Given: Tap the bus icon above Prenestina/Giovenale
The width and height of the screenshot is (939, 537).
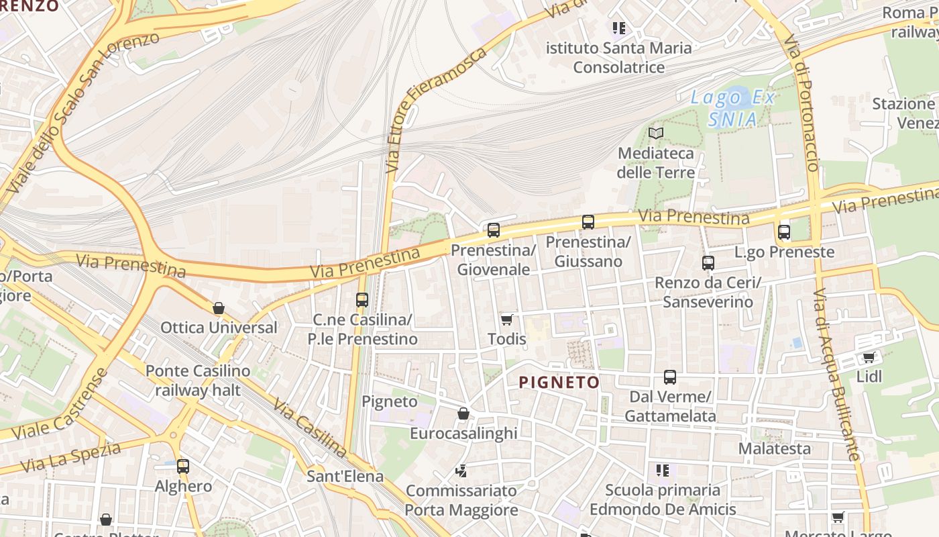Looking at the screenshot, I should [494, 230].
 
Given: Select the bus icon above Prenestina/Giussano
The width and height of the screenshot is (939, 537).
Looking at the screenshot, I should [588, 222].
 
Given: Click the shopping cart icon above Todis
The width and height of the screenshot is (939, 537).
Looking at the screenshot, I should [507, 320].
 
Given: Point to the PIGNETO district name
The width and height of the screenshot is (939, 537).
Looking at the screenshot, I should [559, 383].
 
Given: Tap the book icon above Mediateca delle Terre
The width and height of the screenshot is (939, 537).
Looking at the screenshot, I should [656, 134].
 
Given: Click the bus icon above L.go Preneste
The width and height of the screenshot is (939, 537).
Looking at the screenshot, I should [784, 233].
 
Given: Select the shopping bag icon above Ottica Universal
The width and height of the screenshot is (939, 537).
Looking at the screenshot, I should [218, 309].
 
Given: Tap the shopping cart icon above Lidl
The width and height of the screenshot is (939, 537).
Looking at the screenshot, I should [869, 358].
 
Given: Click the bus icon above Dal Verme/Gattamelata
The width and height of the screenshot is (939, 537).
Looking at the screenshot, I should [669, 377].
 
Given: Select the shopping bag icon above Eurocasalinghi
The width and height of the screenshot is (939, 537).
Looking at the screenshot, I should [463, 413].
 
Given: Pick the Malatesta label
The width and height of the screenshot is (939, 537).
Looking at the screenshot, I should [775, 448].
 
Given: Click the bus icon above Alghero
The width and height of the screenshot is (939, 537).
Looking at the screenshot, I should [183, 467].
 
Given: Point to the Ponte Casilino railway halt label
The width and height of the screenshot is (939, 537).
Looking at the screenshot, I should [198, 380].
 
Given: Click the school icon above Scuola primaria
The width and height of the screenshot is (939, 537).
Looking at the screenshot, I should [663, 471].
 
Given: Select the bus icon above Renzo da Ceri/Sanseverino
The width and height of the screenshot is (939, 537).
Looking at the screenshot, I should [708, 263].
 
